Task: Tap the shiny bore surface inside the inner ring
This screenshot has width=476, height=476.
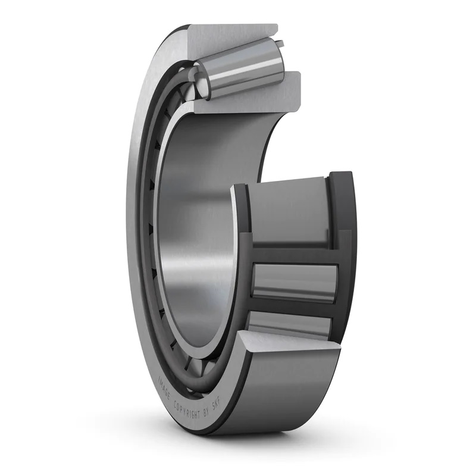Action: [x=196, y=238]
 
